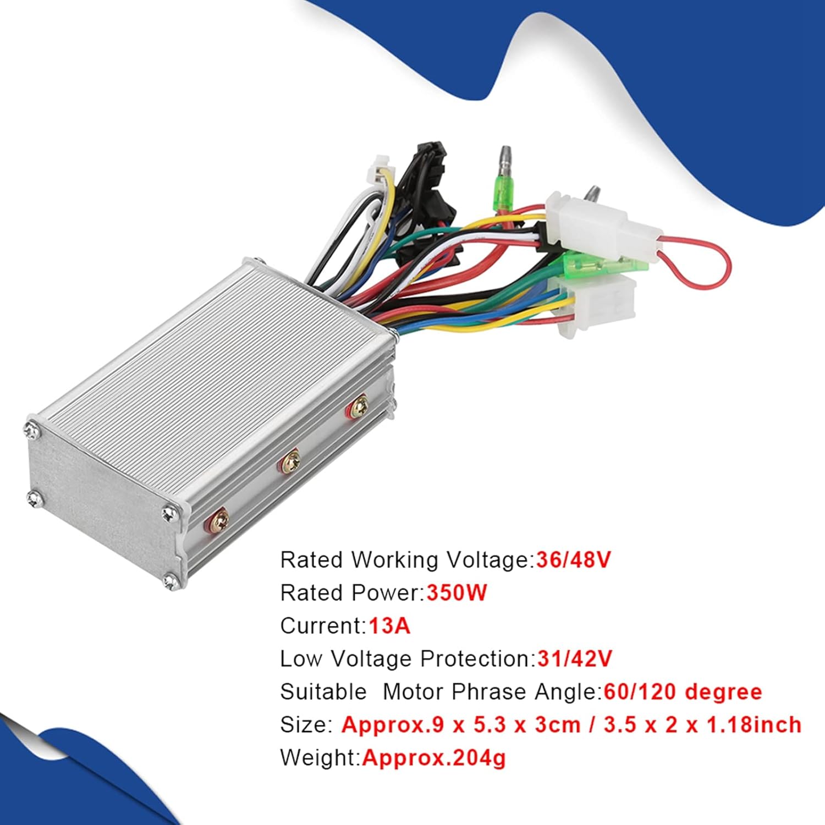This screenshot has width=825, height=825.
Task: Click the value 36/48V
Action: [x=574, y=560]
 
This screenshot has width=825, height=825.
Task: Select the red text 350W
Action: [x=457, y=593]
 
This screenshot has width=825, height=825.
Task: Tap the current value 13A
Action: [x=389, y=626]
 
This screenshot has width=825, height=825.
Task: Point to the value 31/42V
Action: [x=574, y=658]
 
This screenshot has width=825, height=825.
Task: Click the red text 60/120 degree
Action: [x=683, y=691]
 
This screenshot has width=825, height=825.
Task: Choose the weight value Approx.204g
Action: [x=433, y=757]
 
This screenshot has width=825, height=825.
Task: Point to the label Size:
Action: [x=306, y=724]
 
